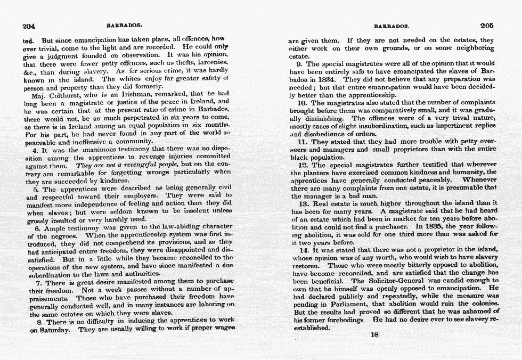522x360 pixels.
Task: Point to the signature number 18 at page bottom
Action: point(373,335)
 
